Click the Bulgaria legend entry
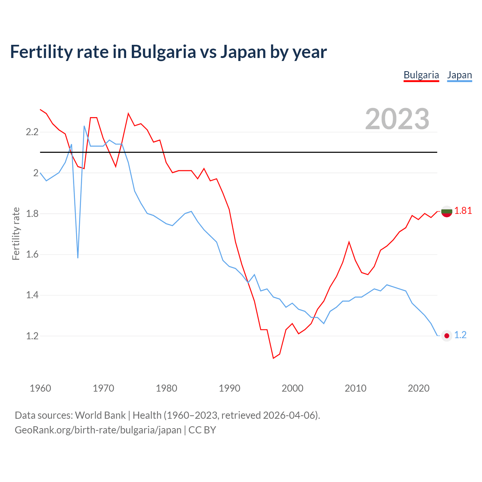[x=421, y=75]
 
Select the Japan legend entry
[x=459, y=75]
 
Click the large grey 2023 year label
[x=397, y=119]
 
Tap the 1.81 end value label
[x=463, y=210]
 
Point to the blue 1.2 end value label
[x=460, y=335]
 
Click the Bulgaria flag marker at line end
[x=447, y=212]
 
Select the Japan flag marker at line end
[x=447, y=336]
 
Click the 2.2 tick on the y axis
[x=32, y=132]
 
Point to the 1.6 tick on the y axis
[x=32, y=254]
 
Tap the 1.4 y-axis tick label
[x=32, y=295]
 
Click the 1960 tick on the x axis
[x=40, y=388]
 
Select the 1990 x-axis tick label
[x=229, y=388]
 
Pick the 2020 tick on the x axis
[x=418, y=388]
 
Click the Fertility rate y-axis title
[x=16, y=233]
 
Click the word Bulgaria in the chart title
[x=163, y=52]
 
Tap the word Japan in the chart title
[x=243, y=52]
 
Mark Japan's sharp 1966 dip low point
[x=78, y=258]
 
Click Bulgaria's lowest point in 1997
[x=273, y=358]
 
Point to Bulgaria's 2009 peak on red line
[x=349, y=242]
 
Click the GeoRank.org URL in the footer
[x=98, y=430]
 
